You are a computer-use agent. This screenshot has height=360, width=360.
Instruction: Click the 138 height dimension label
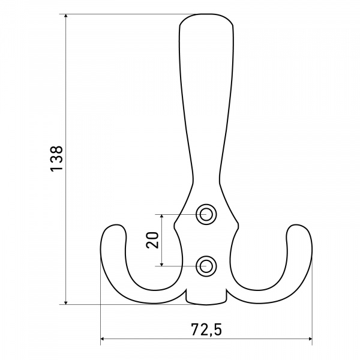point(56,158)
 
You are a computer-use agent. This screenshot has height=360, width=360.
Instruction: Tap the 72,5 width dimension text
point(206,329)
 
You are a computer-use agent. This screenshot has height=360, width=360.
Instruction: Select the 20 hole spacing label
point(152,240)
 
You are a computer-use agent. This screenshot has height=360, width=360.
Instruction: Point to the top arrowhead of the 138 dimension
point(66,16)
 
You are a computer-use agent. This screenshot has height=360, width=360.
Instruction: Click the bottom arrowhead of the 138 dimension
point(66,302)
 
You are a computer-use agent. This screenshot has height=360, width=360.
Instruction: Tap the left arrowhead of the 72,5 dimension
point(103,338)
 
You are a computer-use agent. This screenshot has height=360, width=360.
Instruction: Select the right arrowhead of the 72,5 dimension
point(310,338)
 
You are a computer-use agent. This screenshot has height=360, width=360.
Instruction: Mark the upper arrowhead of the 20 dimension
point(162,217)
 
